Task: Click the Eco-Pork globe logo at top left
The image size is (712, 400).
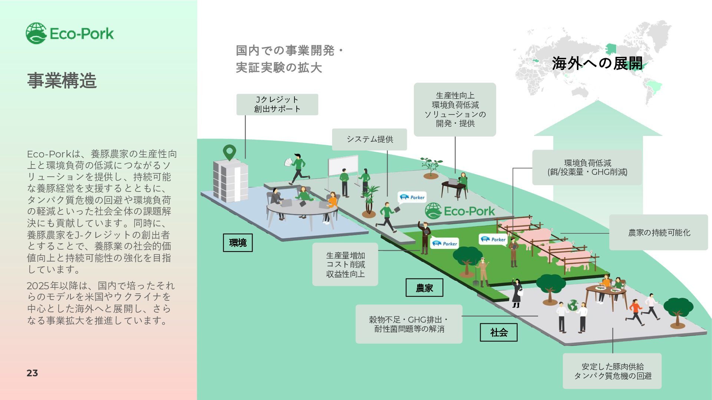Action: click(36, 33)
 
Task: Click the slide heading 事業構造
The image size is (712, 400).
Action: click(62, 80)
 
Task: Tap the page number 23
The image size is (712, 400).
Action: click(32, 373)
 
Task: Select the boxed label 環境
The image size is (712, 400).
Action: click(238, 243)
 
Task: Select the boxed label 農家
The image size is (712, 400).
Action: click(424, 288)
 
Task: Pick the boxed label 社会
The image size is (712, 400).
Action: click(498, 332)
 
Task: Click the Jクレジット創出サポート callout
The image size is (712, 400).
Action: click(277, 104)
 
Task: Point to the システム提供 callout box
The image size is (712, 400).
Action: click(369, 139)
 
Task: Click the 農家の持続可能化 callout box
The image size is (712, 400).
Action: click(659, 233)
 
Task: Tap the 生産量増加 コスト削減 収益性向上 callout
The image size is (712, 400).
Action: click(345, 264)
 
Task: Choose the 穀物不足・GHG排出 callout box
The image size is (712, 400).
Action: click(409, 324)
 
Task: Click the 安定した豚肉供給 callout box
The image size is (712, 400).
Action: click(612, 371)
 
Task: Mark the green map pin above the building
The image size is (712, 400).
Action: click(230, 152)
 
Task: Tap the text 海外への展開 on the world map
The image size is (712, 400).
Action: click(597, 63)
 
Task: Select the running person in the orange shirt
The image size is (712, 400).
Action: click(635, 311)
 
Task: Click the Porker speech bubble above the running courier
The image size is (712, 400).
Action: click(412, 197)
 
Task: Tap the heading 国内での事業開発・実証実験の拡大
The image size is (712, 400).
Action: click(289, 59)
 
